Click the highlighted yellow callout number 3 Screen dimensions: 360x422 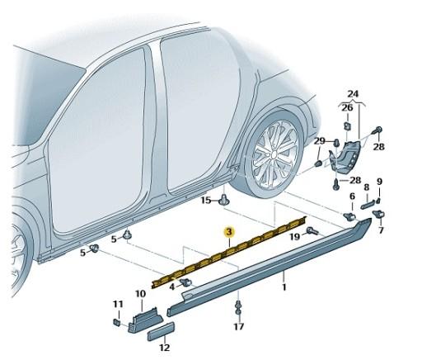230,234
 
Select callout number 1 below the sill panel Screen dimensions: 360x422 284,287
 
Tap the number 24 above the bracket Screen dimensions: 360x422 353,93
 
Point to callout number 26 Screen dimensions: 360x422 347,107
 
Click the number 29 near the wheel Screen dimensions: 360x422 319,142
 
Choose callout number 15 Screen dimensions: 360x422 206,200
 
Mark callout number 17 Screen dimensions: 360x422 238,327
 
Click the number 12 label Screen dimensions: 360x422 164,348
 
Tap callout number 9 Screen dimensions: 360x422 380,182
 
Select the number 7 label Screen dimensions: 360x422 381,230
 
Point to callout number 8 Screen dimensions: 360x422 367,188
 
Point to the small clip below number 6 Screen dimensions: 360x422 349,217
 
